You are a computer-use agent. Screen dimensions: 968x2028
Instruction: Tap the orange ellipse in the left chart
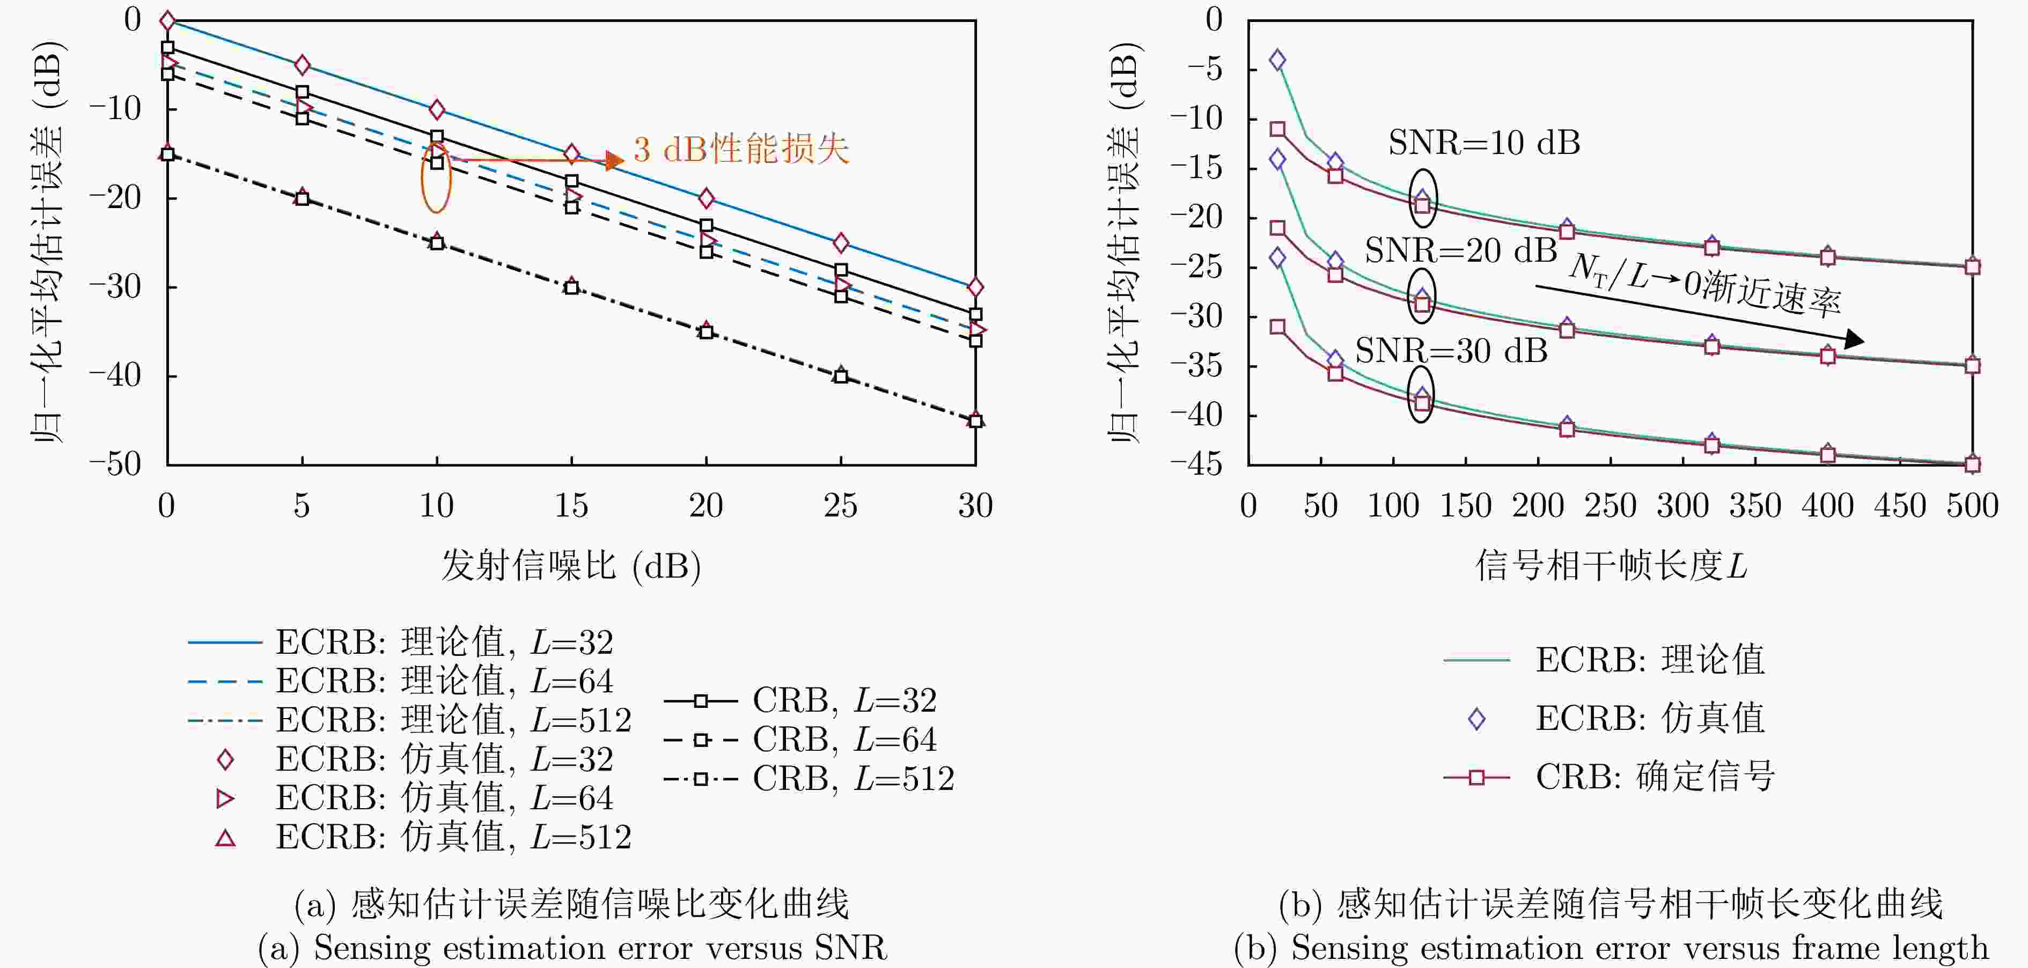coord(435,178)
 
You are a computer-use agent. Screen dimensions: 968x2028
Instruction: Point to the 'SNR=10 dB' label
coord(1484,143)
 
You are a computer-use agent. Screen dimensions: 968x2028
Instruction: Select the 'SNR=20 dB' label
coord(1460,250)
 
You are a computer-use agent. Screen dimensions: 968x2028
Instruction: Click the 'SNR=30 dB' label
coord(1451,350)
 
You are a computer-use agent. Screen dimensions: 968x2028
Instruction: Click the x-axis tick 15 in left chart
coord(571,505)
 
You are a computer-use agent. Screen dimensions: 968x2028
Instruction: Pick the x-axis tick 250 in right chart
coord(1610,505)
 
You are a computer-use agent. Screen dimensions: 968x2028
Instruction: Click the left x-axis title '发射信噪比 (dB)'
coord(571,565)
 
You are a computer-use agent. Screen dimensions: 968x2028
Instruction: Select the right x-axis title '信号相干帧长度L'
coord(1610,565)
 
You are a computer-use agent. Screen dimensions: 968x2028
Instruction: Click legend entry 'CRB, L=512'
coord(811,779)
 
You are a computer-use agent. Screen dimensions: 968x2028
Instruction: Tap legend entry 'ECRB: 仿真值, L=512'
coord(425,837)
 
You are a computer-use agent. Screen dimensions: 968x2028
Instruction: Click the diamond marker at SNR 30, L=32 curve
coord(975,287)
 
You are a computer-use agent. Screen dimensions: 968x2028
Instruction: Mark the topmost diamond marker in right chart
coord(1278,60)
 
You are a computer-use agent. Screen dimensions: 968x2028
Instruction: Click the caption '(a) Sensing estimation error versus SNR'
coord(572,948)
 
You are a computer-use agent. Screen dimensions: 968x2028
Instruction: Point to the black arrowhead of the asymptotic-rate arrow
coord(1855,340)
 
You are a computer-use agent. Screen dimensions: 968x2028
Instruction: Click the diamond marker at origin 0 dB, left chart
coord(167,20)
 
